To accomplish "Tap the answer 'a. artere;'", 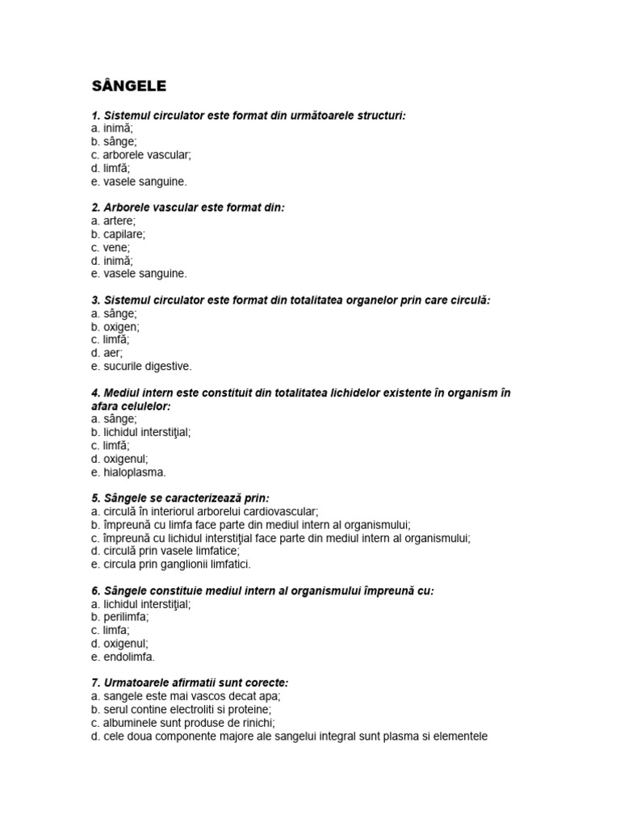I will (113, 220).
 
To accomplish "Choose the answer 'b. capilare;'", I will (118, 234).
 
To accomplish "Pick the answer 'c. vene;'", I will (110, 247).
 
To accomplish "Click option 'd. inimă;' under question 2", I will (111, 261).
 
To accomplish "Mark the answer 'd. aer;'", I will (106, 353).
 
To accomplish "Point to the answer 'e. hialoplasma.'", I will (128, 472).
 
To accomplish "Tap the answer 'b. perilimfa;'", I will (119, 617).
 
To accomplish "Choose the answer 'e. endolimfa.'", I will (123, 657).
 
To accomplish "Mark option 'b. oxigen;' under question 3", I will (115, 327).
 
